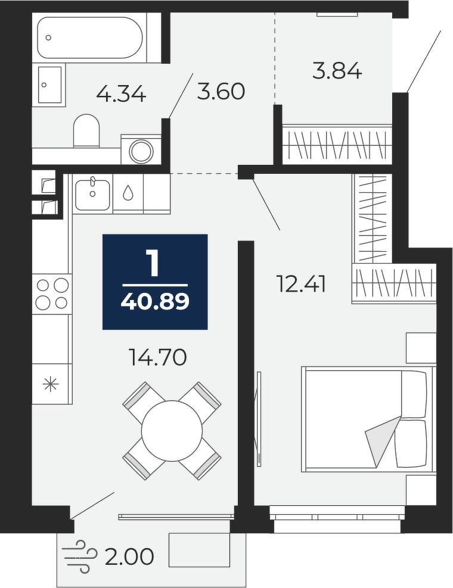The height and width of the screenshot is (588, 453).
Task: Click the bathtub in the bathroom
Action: pos(90,37)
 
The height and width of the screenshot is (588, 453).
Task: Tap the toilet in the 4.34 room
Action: pos(86,130)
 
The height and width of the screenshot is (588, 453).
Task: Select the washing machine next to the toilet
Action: pos(141,149)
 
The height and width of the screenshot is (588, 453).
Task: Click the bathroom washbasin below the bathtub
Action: pos(49,85)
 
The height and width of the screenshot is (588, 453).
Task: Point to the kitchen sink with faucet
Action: pos(93,194)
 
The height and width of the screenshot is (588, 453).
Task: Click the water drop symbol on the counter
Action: pos(128,192)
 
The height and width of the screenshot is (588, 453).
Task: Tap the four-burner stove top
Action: pos(52,294)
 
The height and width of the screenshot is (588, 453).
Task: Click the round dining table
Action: pos(172,431)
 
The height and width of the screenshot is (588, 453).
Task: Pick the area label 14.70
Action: pos(157,357)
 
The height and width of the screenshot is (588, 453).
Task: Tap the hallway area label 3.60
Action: pos(221,92)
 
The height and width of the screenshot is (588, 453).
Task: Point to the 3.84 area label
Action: pos(337,71)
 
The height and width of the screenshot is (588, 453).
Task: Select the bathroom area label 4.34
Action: pos(121,94)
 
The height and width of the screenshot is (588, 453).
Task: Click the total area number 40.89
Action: pos(155,302)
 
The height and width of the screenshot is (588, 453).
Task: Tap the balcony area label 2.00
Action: pos(129,557)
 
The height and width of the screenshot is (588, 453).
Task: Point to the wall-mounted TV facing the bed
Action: pos(259,419)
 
